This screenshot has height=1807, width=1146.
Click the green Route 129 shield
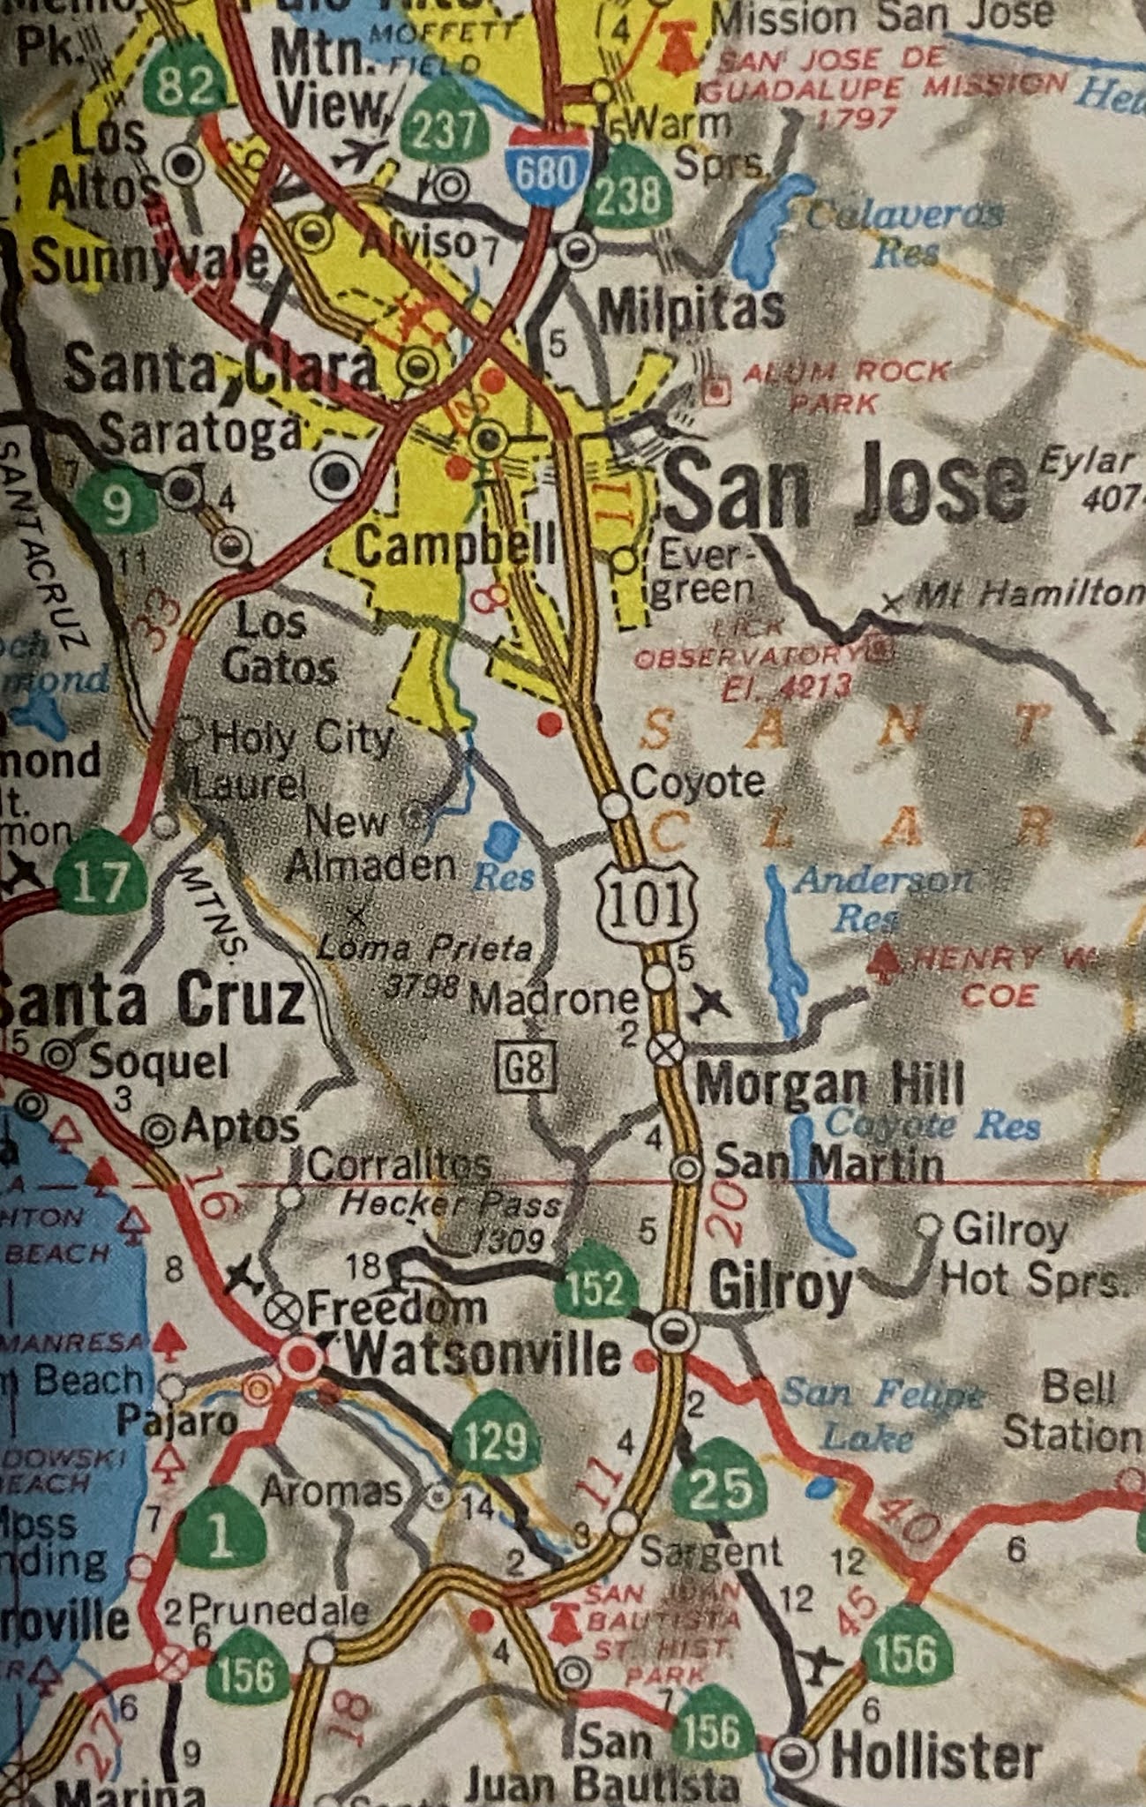[496, 1439]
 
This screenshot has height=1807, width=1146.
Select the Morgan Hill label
[829, 1084]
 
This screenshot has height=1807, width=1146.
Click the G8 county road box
[528, 1068]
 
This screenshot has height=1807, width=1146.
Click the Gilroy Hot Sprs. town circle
[928, 1225]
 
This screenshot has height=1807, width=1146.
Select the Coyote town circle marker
[614, 805]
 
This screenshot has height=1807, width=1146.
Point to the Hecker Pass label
[450, 1204]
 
